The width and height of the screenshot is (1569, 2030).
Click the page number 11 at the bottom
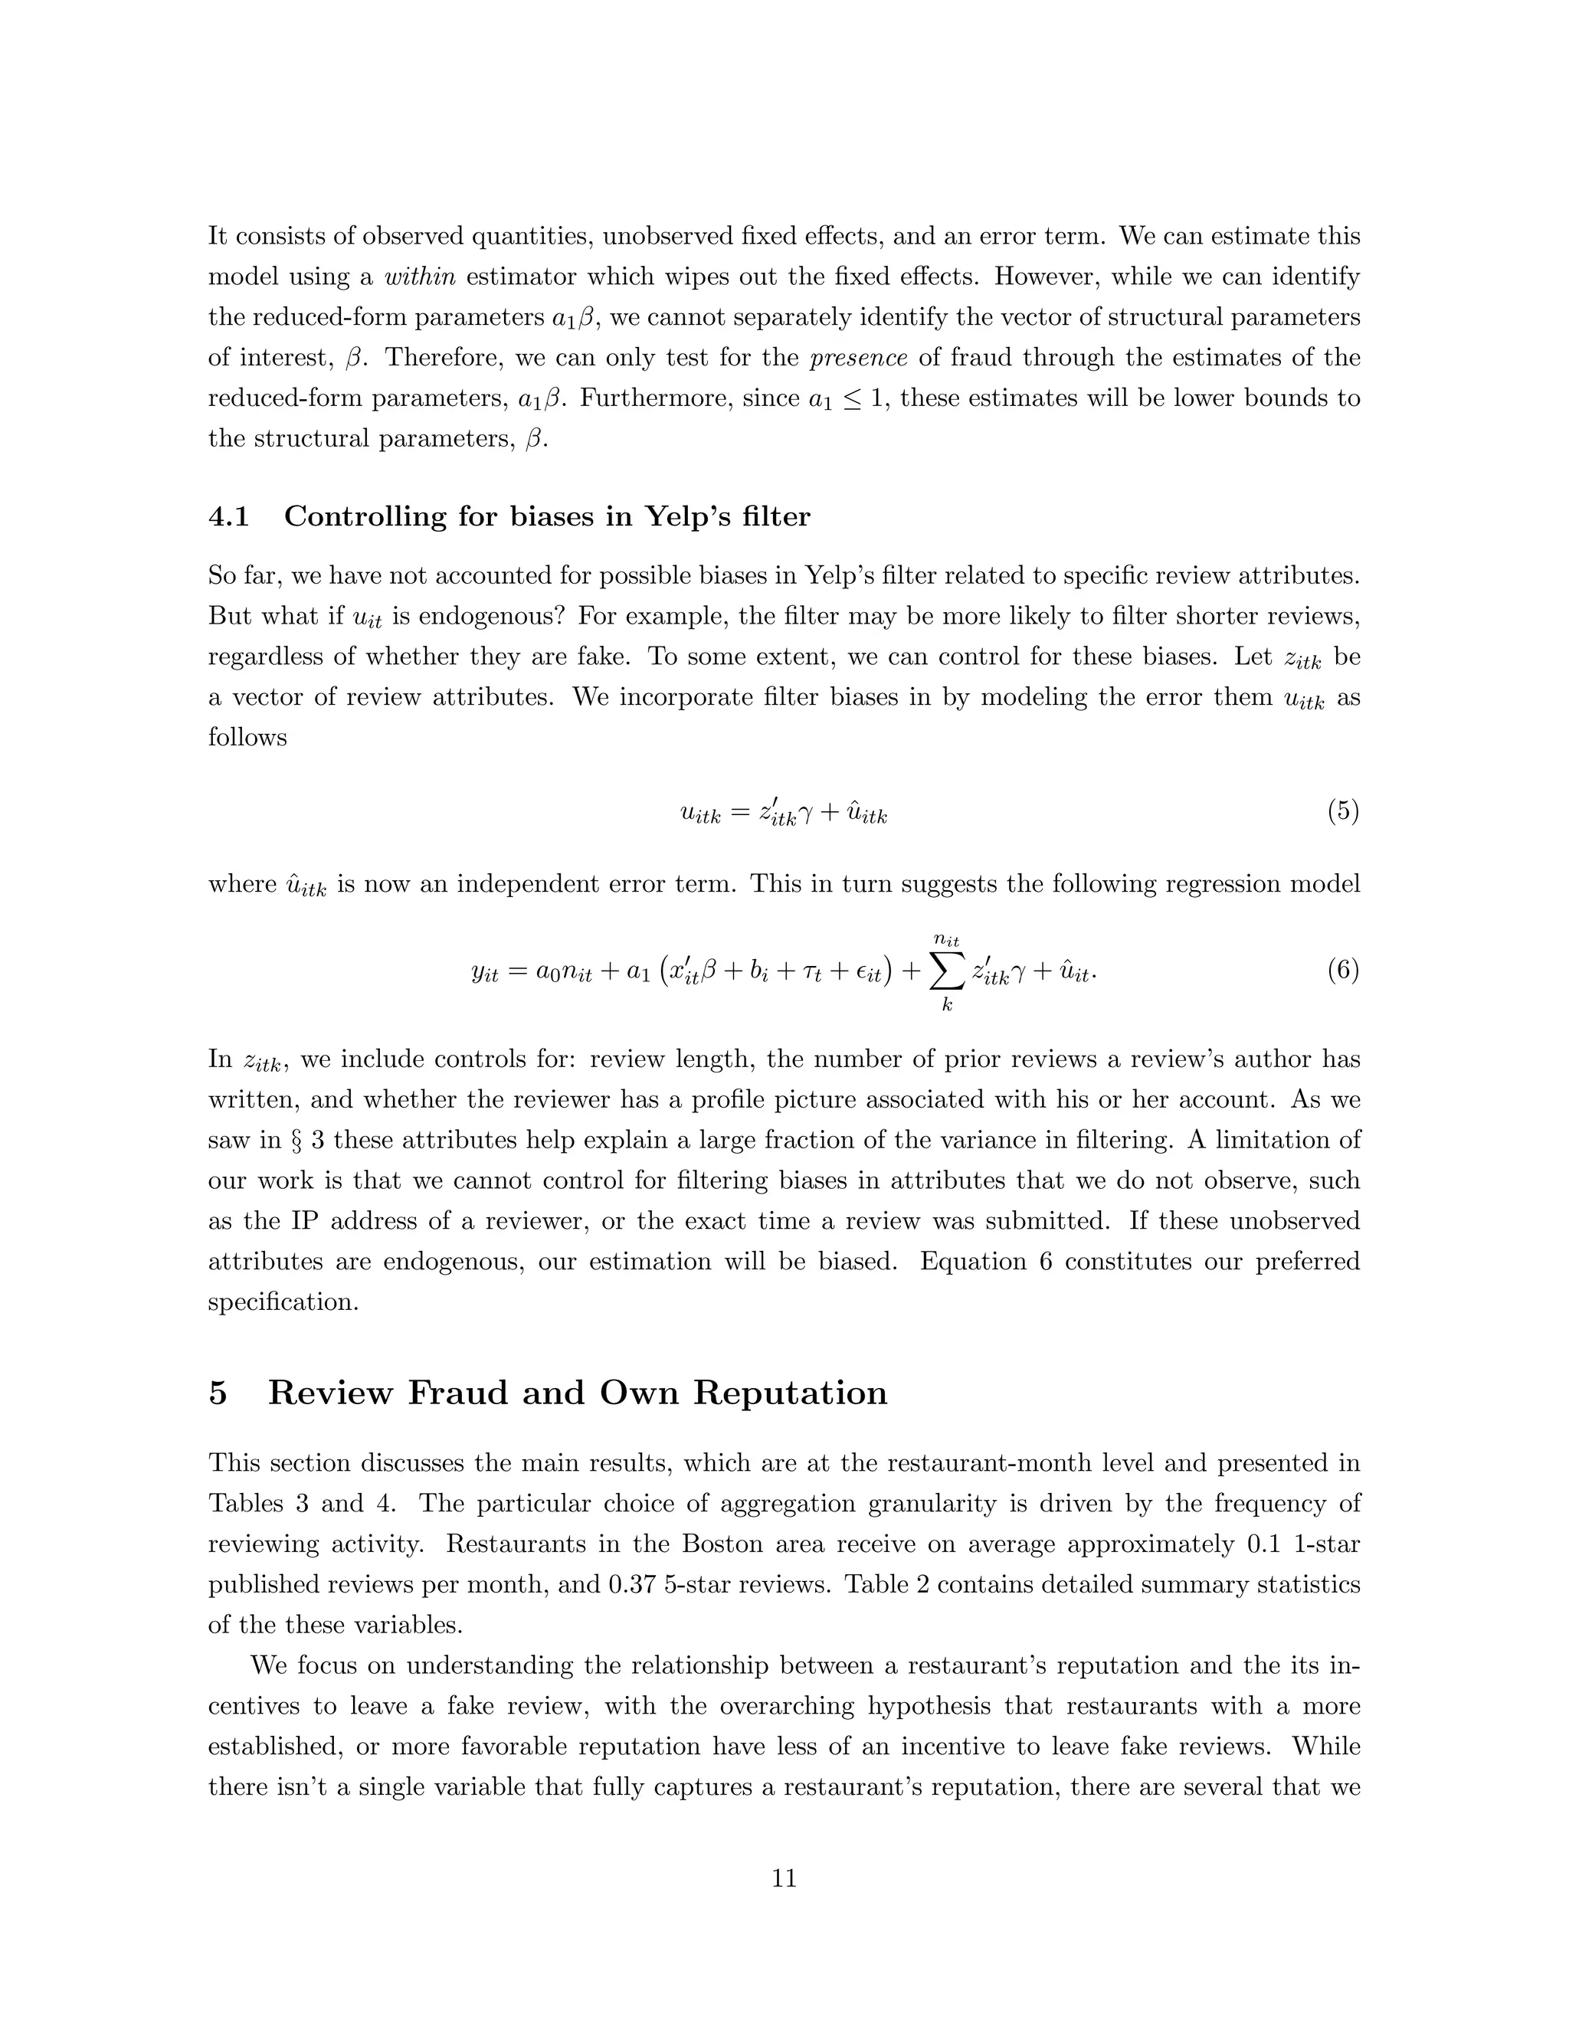pyautogui.click(x=784, y=1878)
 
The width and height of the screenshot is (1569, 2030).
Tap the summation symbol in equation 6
pyautogui.click(x=946, y=972)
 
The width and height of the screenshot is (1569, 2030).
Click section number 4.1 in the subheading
pyautogui.click(x=228, y=517)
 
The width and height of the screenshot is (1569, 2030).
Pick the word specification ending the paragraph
pyautogui.click(x=283, y=1302)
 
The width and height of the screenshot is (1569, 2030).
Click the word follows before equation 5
pyautogui.click(x=247, y=738)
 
